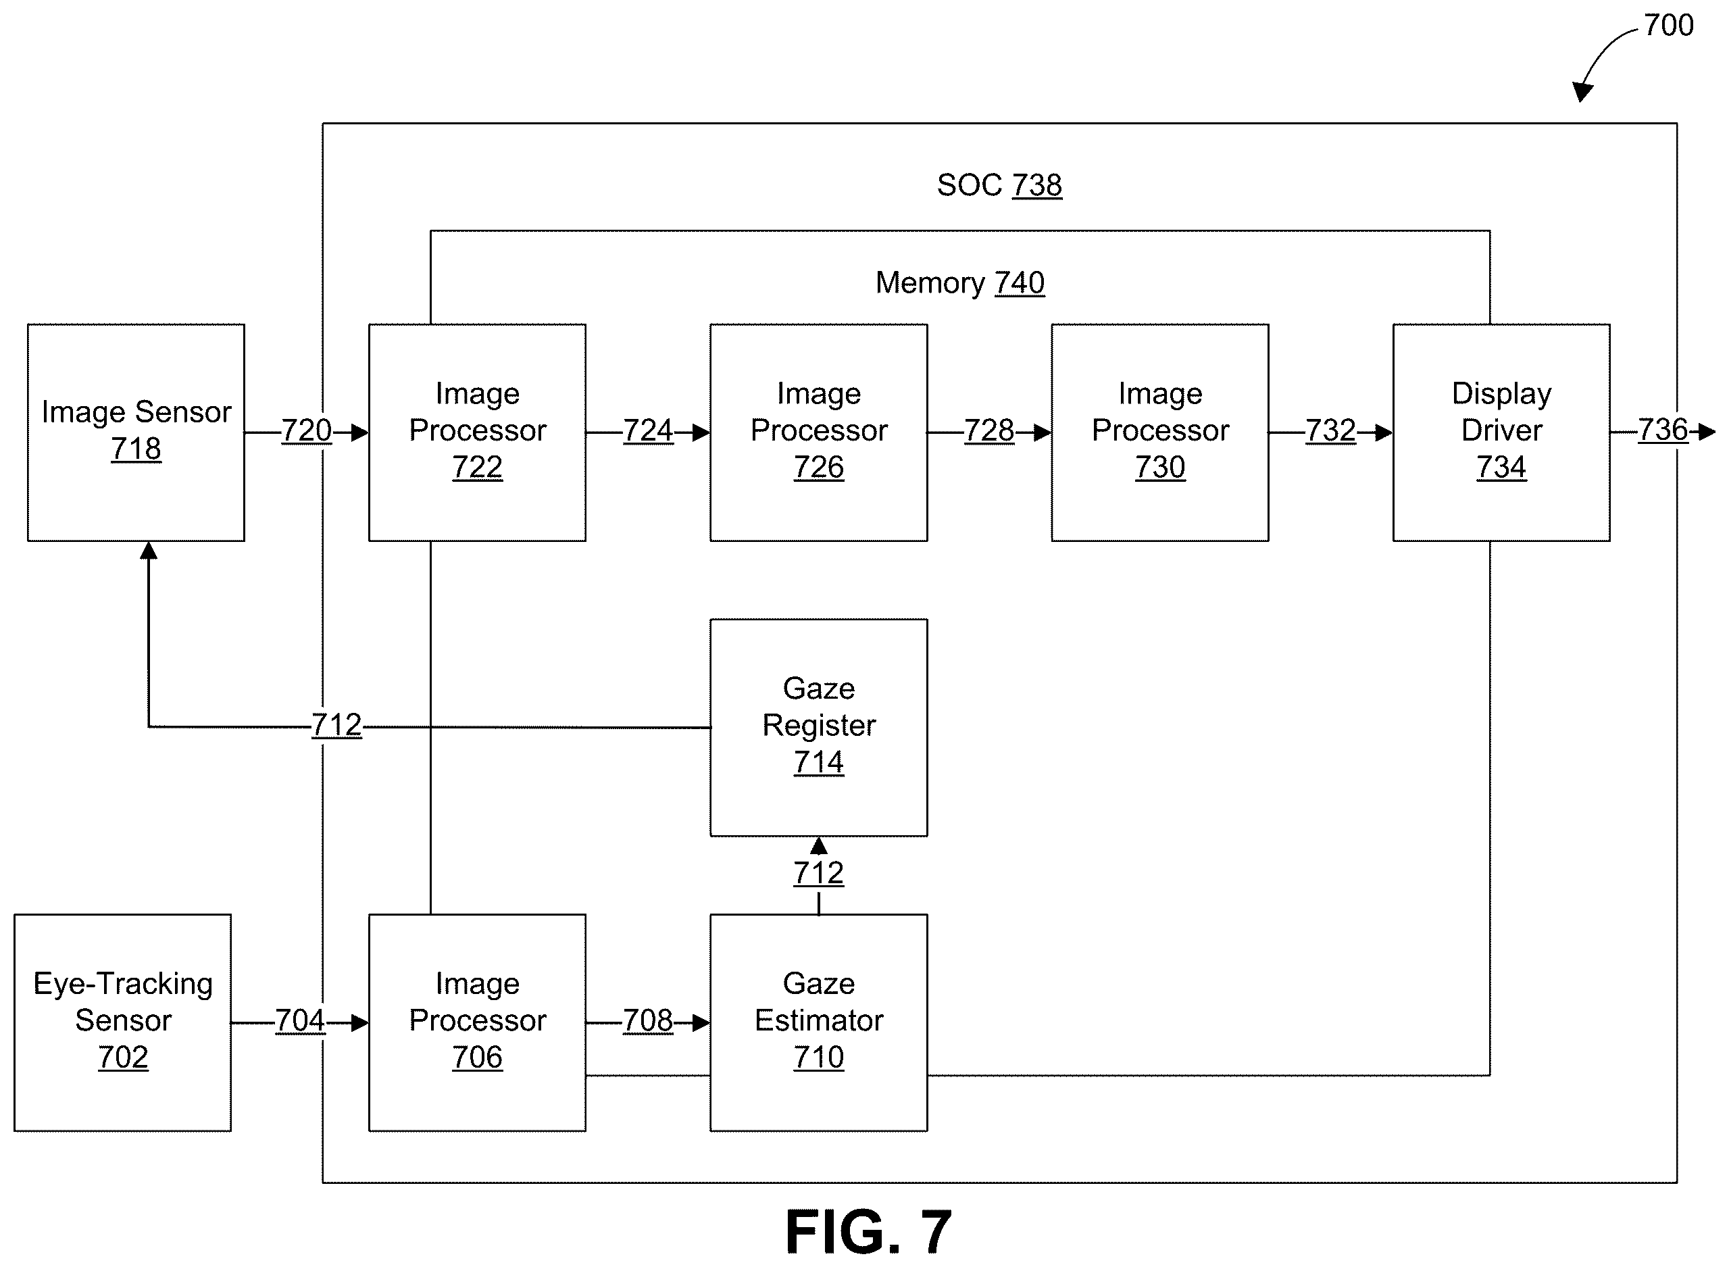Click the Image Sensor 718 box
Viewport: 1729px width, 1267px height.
(x=136, y=432)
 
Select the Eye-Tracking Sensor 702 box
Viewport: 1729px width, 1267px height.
(x=123, y=1022)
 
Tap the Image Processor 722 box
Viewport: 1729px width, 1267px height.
(x=477, y=432)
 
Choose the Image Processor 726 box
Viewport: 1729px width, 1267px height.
(x=819, y=432)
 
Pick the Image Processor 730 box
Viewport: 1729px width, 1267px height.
(x=1160, y=432)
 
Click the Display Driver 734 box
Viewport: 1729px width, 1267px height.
(x=1501, y=432)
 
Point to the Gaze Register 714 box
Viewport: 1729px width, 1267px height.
(x=819, y=727)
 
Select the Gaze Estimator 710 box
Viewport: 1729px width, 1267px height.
(x=819, y=1022)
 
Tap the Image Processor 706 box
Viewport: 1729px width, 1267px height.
(x=477, y=1022)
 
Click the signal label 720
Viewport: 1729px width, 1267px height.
(x=307, y=431)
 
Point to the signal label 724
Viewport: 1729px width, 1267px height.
(x=648, y=431)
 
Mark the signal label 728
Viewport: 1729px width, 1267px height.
(x=989, y=431)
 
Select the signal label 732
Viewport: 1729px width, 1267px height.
(x=1331, y=431)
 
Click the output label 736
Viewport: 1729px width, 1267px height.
(x=1663, y=430)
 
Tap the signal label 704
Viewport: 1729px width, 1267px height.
(x=301, y=1021)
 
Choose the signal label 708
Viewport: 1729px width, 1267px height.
(x=648, y=1021)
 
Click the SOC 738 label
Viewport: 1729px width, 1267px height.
(x=1000, y=185)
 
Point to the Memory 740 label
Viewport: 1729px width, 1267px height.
(x=960, y=283)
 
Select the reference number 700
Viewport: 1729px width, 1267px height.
(x=1669, y=25)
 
